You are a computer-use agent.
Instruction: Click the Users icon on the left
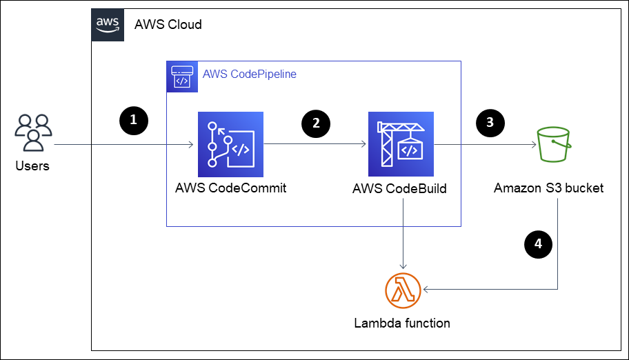pyautogui.click(x=33, y=132)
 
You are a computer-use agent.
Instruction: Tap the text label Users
pyautogui.click(x=32, y=166)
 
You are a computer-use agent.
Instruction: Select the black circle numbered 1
pyautogui.click(x=133, y=119)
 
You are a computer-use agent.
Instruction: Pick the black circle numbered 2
pyautogui.click(x=316, y=123)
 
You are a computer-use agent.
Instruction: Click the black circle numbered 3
pyautogui.click(x=490, y=123)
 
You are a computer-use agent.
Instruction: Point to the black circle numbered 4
pyautogui.click(x=538, y=243)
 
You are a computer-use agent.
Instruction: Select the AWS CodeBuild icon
pyautogui.click(x=403, y=146)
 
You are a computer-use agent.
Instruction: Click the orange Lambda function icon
pyautogui.click(x=402, y=290)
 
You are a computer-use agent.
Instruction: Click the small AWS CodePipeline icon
pyautogui.click(x=181, y=75)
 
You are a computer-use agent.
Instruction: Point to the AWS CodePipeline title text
pyautogui.click(x=249, y=74)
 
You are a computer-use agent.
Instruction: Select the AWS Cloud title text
pyautogui.click(x=168, y=25)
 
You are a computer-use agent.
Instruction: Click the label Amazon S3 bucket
pyautogui.click(x=549, y=188)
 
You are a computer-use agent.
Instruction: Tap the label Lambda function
pyautogui.click(x=401, y=323)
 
